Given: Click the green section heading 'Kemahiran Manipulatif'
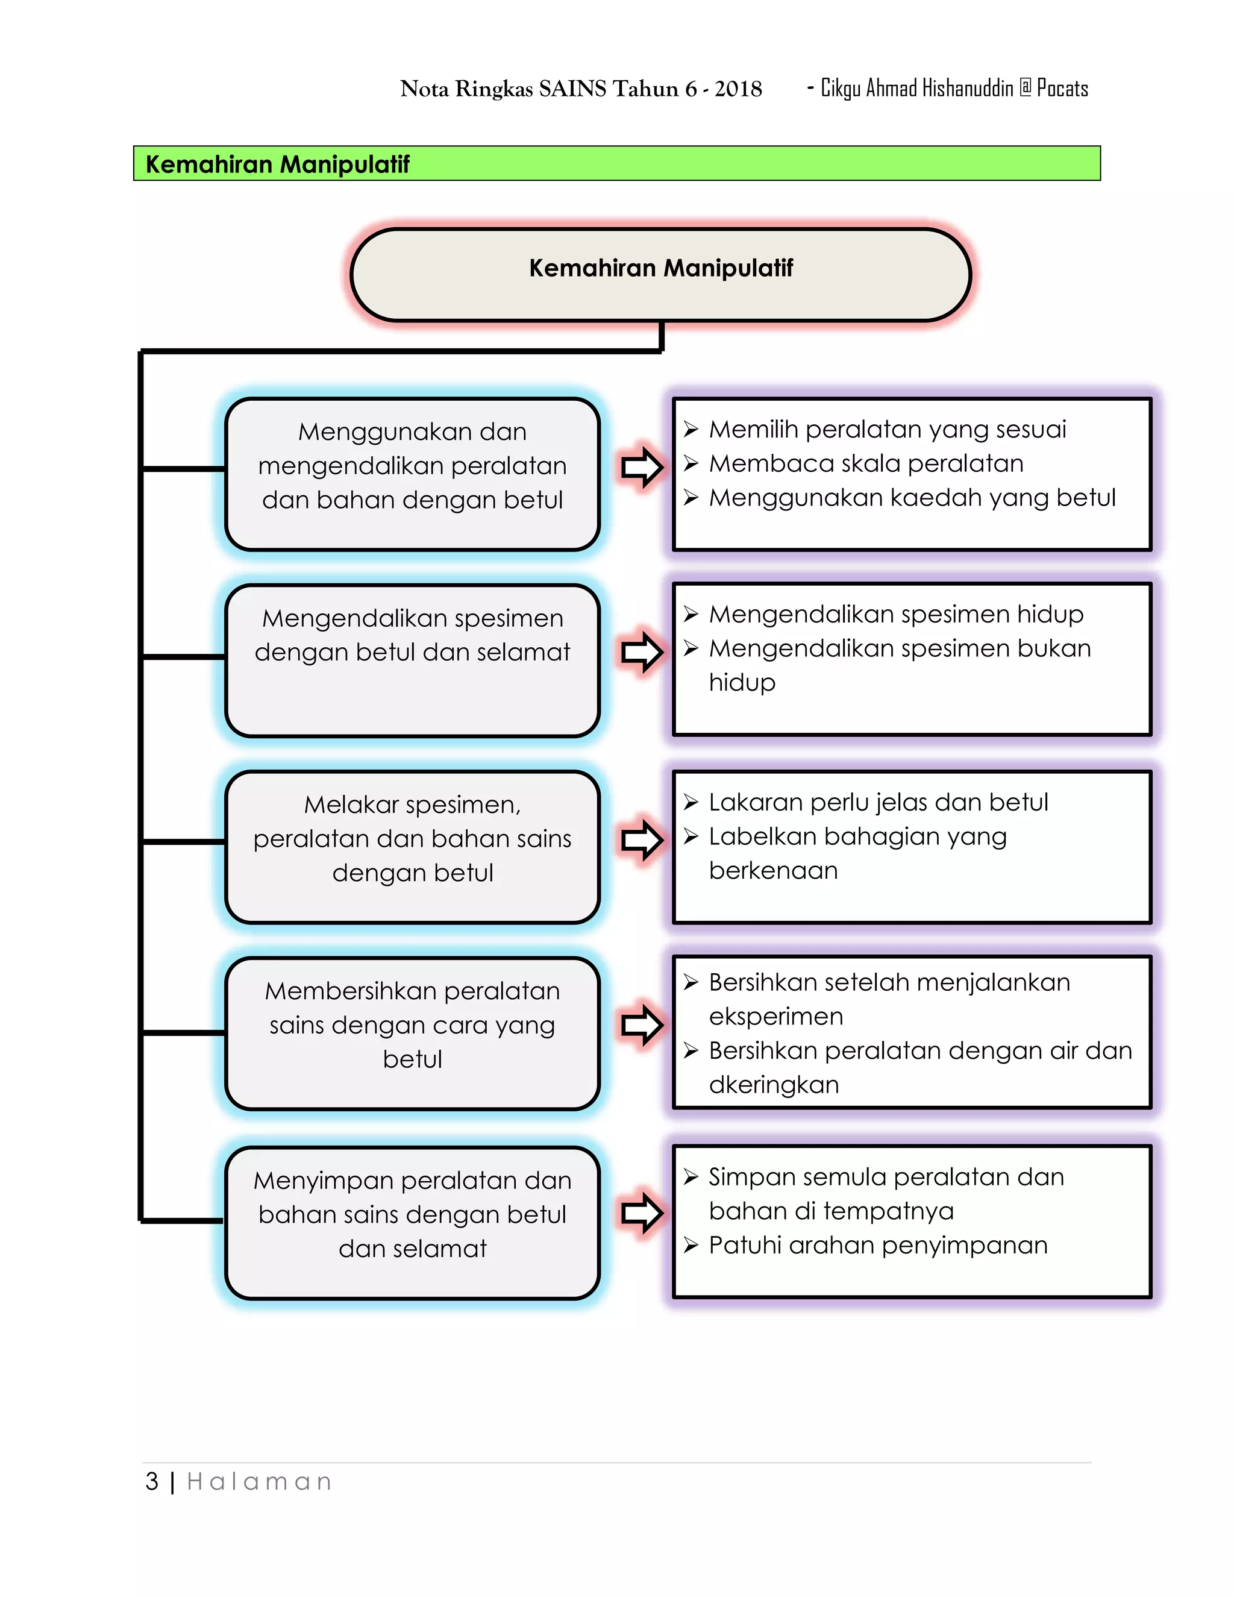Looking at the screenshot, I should pos(278,164).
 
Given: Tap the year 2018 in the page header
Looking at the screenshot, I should pos(738,89).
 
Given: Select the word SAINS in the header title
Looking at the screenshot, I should pos(572,89).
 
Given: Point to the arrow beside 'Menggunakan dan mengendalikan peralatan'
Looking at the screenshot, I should pos(641,466).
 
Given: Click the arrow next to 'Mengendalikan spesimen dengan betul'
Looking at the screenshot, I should pos(641,651).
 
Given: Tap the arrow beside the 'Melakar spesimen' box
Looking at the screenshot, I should pos(641,839).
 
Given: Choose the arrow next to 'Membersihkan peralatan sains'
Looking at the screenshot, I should pos(641,1024).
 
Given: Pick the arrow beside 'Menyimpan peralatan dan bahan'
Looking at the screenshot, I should pos(641,1213).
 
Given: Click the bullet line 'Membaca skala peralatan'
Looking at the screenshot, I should pos(866,463).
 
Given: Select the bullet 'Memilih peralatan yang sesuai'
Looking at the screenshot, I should pos(887,429).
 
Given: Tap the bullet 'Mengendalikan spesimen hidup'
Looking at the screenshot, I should pos(895,614).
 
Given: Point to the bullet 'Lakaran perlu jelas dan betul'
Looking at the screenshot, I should pos(878,802).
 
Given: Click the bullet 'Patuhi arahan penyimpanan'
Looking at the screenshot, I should pos(877,1245).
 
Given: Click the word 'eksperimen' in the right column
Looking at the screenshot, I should pos(775,1017).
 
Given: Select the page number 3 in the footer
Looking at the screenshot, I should pos(152,1481).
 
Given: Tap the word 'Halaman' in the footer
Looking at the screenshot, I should pos(260,1481).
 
